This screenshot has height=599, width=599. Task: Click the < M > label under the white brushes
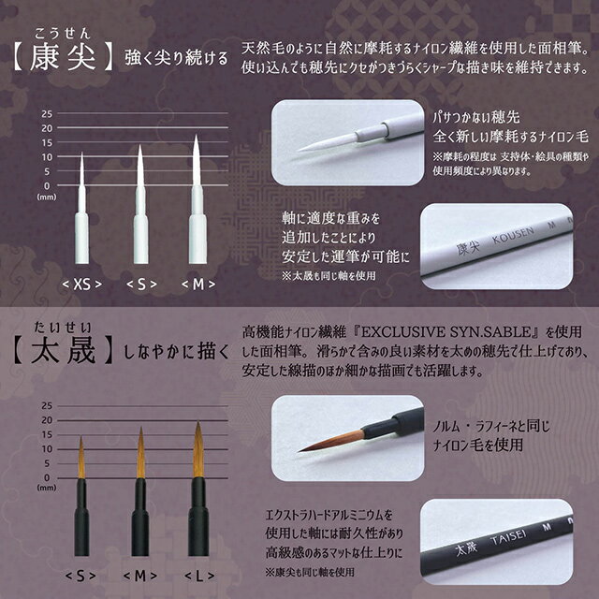(x=198, y=282)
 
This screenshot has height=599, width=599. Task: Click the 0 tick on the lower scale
(x=48, y=477)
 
